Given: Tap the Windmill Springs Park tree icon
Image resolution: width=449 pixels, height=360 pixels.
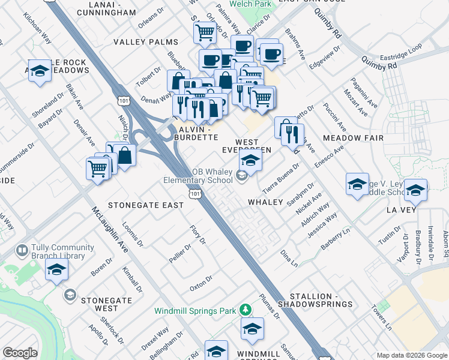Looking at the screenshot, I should [x=245, y=310].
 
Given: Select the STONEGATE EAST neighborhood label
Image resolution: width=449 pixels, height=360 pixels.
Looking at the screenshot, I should [x=146, y=205].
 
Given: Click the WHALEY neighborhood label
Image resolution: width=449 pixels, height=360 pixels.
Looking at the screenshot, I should [x=266, y=202].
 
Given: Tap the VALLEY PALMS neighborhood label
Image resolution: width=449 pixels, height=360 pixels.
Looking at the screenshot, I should [x=146, y=42].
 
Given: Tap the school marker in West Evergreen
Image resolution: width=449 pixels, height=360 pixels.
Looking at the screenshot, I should [x=251, y=160].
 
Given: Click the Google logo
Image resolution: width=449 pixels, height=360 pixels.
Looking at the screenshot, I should [x=20, y=353].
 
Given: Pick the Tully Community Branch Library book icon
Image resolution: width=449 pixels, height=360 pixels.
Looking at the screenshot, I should [x=22, y=250].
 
